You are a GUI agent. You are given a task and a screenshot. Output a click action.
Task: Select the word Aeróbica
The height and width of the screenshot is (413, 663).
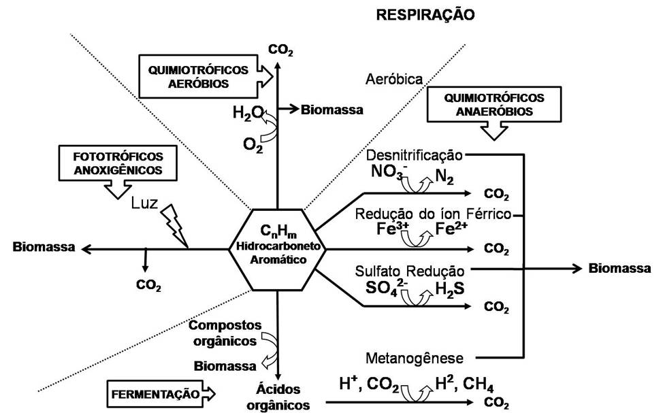[x=394, y=78]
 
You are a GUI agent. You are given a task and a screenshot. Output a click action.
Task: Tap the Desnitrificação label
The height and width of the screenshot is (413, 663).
[x=414, y=154]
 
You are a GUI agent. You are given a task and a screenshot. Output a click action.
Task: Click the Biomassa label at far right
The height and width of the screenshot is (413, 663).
[x=619, y=268]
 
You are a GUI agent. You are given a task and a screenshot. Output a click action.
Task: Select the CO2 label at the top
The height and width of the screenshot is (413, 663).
[x=280, y=49]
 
